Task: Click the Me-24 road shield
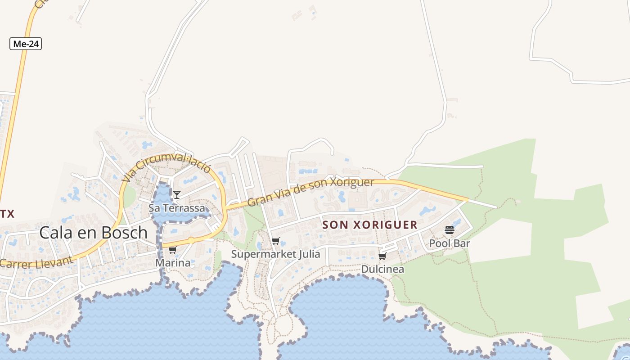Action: tap(26, 44)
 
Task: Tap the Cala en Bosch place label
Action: tap(94, 232)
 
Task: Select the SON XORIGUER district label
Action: tap(370, 225)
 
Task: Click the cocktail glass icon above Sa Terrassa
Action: tap(177, 195)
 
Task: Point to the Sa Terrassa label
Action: tap(177, 208)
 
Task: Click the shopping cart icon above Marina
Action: tap(172, 250)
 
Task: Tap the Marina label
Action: tap(173, 263)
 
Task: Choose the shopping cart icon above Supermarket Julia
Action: tap(275, 241)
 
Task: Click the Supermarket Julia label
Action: tap(275, 254)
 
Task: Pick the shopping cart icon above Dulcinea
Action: tap(382, 256)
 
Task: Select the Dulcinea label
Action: tap(382, 269)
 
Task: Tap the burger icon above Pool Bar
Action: tap(449, 230)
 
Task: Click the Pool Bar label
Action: tap(449, 243)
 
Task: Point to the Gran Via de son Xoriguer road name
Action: tap(311, 192)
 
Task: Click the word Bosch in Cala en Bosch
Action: tap(126, 232)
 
